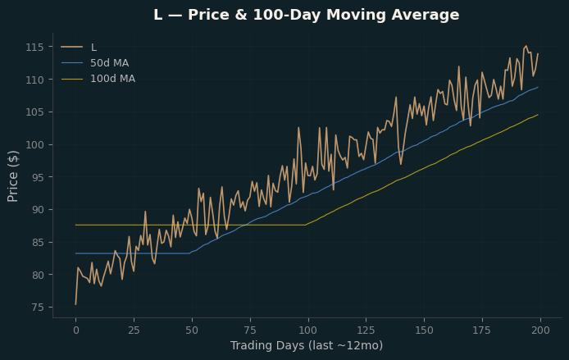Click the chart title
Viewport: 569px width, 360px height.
point(307,15)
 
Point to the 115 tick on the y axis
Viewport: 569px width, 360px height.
point(34,48)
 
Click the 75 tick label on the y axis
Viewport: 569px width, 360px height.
point(38,308)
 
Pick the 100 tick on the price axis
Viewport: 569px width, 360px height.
point(34,145)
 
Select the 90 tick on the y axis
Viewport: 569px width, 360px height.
point(38,210)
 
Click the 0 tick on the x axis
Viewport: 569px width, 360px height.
point(76,330)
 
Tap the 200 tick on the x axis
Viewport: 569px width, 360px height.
point(540,330)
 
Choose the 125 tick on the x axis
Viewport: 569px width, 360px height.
point(366,330)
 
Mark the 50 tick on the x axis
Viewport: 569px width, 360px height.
point(192,330)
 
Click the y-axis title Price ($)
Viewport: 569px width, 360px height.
point(12,176)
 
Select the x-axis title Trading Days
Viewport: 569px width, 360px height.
point(307,345)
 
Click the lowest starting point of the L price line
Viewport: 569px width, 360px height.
point(76,304)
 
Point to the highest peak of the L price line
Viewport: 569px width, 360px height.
point(526,46)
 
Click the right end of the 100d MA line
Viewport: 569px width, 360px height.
point(538,114)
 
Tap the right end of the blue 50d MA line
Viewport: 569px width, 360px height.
point(538,87)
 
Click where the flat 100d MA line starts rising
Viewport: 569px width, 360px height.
point(306,225)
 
